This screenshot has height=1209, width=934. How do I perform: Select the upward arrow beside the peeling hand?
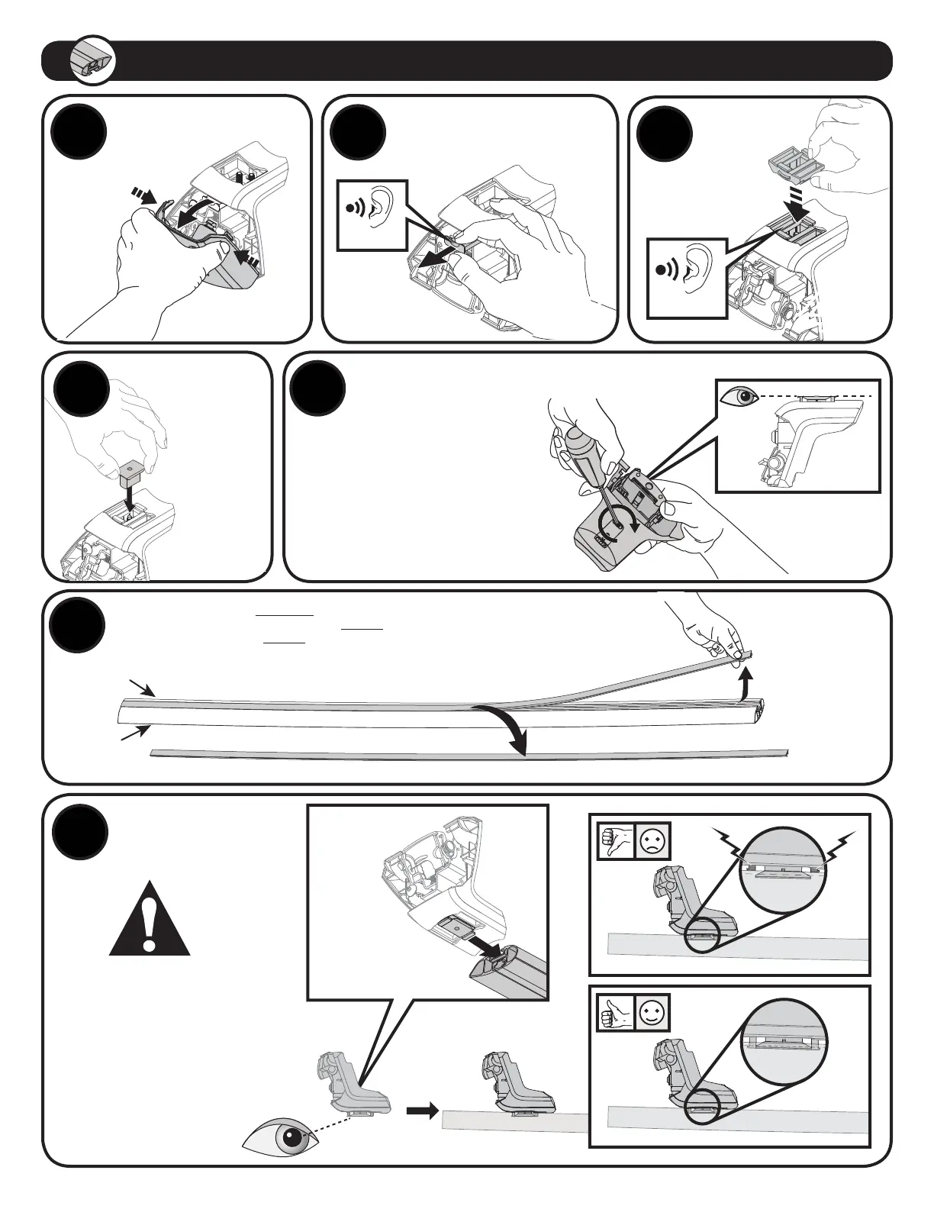click(x=745, y=681)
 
